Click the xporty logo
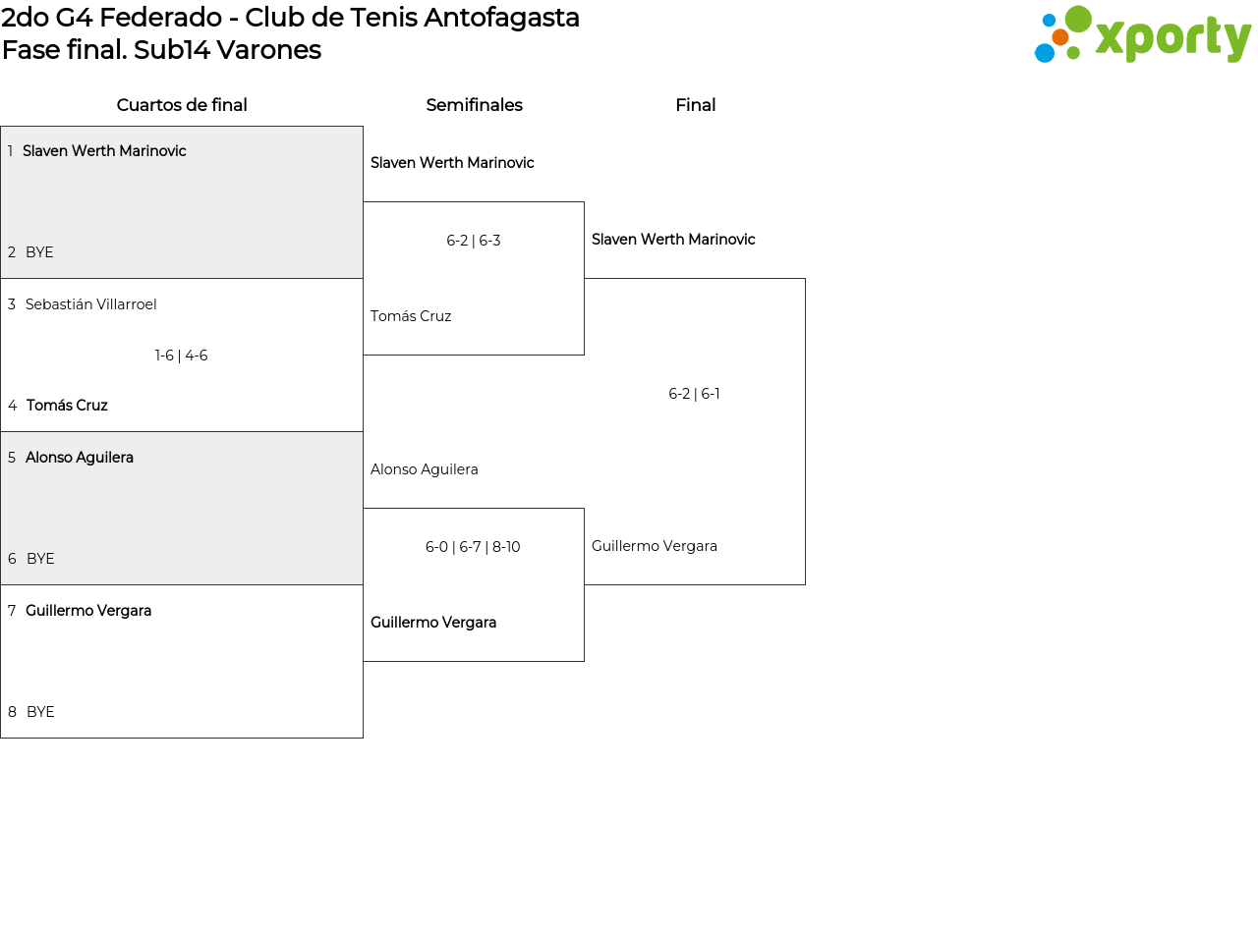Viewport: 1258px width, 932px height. coord(1142,35)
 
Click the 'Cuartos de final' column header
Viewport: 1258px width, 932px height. coord(182,105)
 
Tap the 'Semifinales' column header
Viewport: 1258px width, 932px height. coord(474,105)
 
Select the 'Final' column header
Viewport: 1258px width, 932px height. coord(695,105)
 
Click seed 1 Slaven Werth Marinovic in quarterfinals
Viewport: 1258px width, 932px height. coord(104,151)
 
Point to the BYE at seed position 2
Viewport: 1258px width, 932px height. coord(39,252)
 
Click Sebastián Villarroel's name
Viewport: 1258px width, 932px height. coord(91,304)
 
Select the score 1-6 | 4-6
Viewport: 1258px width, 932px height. coord(182,356)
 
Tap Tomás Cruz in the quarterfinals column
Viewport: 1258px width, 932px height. coord(67,406)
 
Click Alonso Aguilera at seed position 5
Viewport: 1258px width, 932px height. coord(80,458)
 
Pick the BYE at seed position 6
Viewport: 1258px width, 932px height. coord(40,559)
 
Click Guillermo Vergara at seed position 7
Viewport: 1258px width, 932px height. coord(88,611)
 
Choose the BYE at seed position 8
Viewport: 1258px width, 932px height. coord(40,712)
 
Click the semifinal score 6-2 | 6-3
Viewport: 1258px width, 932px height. coord(474,241)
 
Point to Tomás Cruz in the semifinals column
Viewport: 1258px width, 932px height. coord(411,316)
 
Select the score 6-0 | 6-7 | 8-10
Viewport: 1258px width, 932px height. coord(473,547)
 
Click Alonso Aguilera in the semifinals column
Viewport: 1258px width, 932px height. coord(425,469)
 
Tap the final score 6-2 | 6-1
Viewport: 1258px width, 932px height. coord(694,394)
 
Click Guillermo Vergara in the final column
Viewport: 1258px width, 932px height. coord(655,546)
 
